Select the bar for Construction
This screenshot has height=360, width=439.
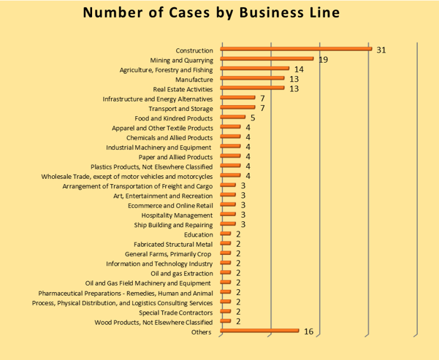click(x=296, y=50)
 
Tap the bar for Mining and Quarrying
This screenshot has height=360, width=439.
click(x=267, y=59)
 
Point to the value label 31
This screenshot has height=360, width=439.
click(x=381, y=50)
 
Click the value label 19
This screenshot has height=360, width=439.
click(x=323, y=59)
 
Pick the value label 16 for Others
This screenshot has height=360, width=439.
click(x=308, y=332)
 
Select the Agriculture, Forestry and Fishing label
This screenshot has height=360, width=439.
click(x=166, y=69)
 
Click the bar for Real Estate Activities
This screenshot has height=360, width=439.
click(x=252, y=88)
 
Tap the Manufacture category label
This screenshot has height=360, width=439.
click(x=194, y=79)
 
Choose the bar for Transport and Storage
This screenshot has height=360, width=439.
click(x=237, y=108)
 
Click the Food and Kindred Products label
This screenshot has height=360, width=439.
click(x=174, y=118)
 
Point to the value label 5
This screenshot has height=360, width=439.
click(x=252, y=118)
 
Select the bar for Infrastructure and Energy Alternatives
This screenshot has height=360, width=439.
click(x=237, y=98)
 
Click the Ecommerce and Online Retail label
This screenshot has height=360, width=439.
click(x=170, y=205)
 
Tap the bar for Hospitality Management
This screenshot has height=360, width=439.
click(x=227, y=215)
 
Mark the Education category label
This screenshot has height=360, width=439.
click(x=199, y=234)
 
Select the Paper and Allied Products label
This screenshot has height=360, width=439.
click(x=175, y=156)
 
